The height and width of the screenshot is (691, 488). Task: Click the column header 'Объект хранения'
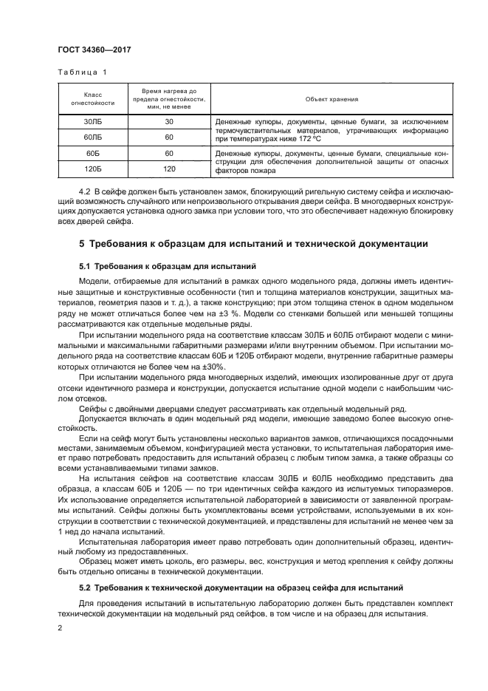(x=331, y=98)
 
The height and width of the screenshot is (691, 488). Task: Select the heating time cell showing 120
(x=169, y=169)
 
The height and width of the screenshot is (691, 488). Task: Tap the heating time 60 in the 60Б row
(x=169, y=153)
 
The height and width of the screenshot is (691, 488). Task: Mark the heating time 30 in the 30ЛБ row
(x=169, y=121)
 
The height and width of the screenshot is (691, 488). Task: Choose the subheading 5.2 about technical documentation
(x=241, y=588)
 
